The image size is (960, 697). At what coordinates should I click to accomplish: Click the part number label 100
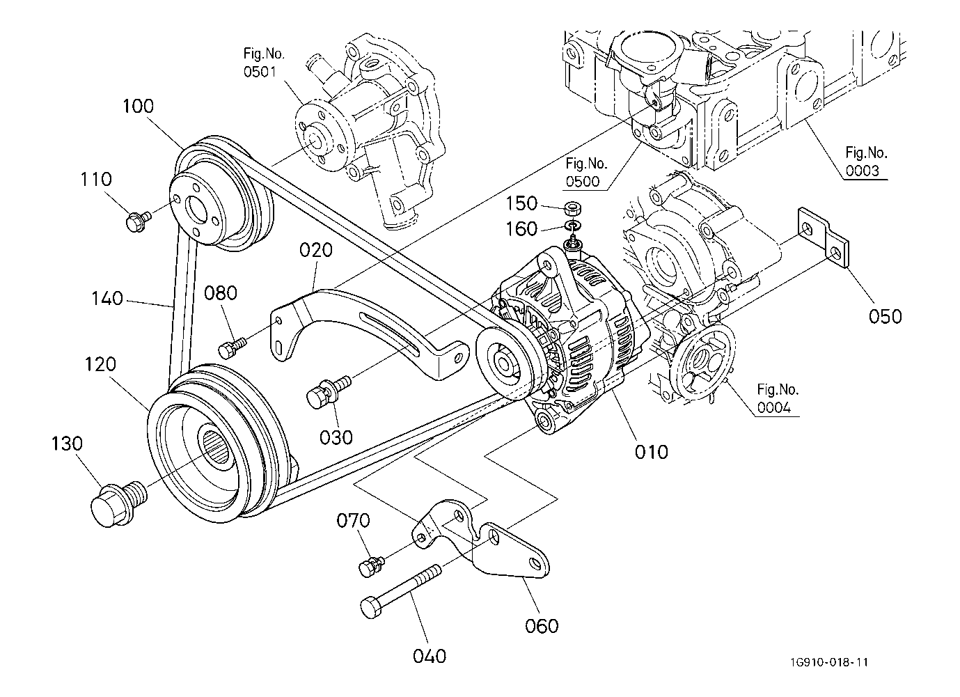click(x=139, y=107)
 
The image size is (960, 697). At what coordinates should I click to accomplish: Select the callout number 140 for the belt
click(x=107, y=299)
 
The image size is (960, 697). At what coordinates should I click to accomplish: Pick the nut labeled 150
click(x=572, y=207)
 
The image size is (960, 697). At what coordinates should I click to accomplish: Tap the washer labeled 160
click(x=572, y=226)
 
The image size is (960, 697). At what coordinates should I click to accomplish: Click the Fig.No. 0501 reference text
click(x=264, y=62)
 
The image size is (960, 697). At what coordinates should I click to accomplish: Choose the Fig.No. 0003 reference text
click(x=866, y=162)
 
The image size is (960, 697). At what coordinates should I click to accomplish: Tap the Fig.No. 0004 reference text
click(x=778, y=399)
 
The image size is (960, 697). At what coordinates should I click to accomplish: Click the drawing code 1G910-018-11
click(x=828, y=662)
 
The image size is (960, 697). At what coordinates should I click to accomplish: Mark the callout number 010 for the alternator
click(x=651, y=452)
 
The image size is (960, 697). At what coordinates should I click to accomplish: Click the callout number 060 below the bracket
click(x=541, y=626)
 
